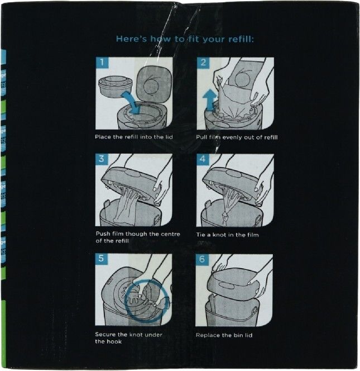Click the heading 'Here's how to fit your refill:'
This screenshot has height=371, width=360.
185,39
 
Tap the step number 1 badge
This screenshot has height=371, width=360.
102,63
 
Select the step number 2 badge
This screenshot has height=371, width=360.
203,63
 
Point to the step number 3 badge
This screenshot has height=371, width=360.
102,159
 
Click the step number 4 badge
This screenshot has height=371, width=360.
203,159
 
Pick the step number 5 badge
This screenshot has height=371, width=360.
101,258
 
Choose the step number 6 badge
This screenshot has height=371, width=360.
202,259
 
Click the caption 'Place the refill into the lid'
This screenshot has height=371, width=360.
134,137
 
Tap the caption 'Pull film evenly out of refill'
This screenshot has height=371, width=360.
237,137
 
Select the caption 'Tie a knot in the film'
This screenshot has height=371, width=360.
227,235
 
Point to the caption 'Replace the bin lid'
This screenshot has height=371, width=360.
224,335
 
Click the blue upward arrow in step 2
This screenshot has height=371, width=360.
210,101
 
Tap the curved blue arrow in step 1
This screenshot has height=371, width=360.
131,101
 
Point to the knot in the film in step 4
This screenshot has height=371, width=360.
224,216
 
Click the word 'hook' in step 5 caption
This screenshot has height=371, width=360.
114,341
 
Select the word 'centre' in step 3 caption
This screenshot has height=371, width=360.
170,234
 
